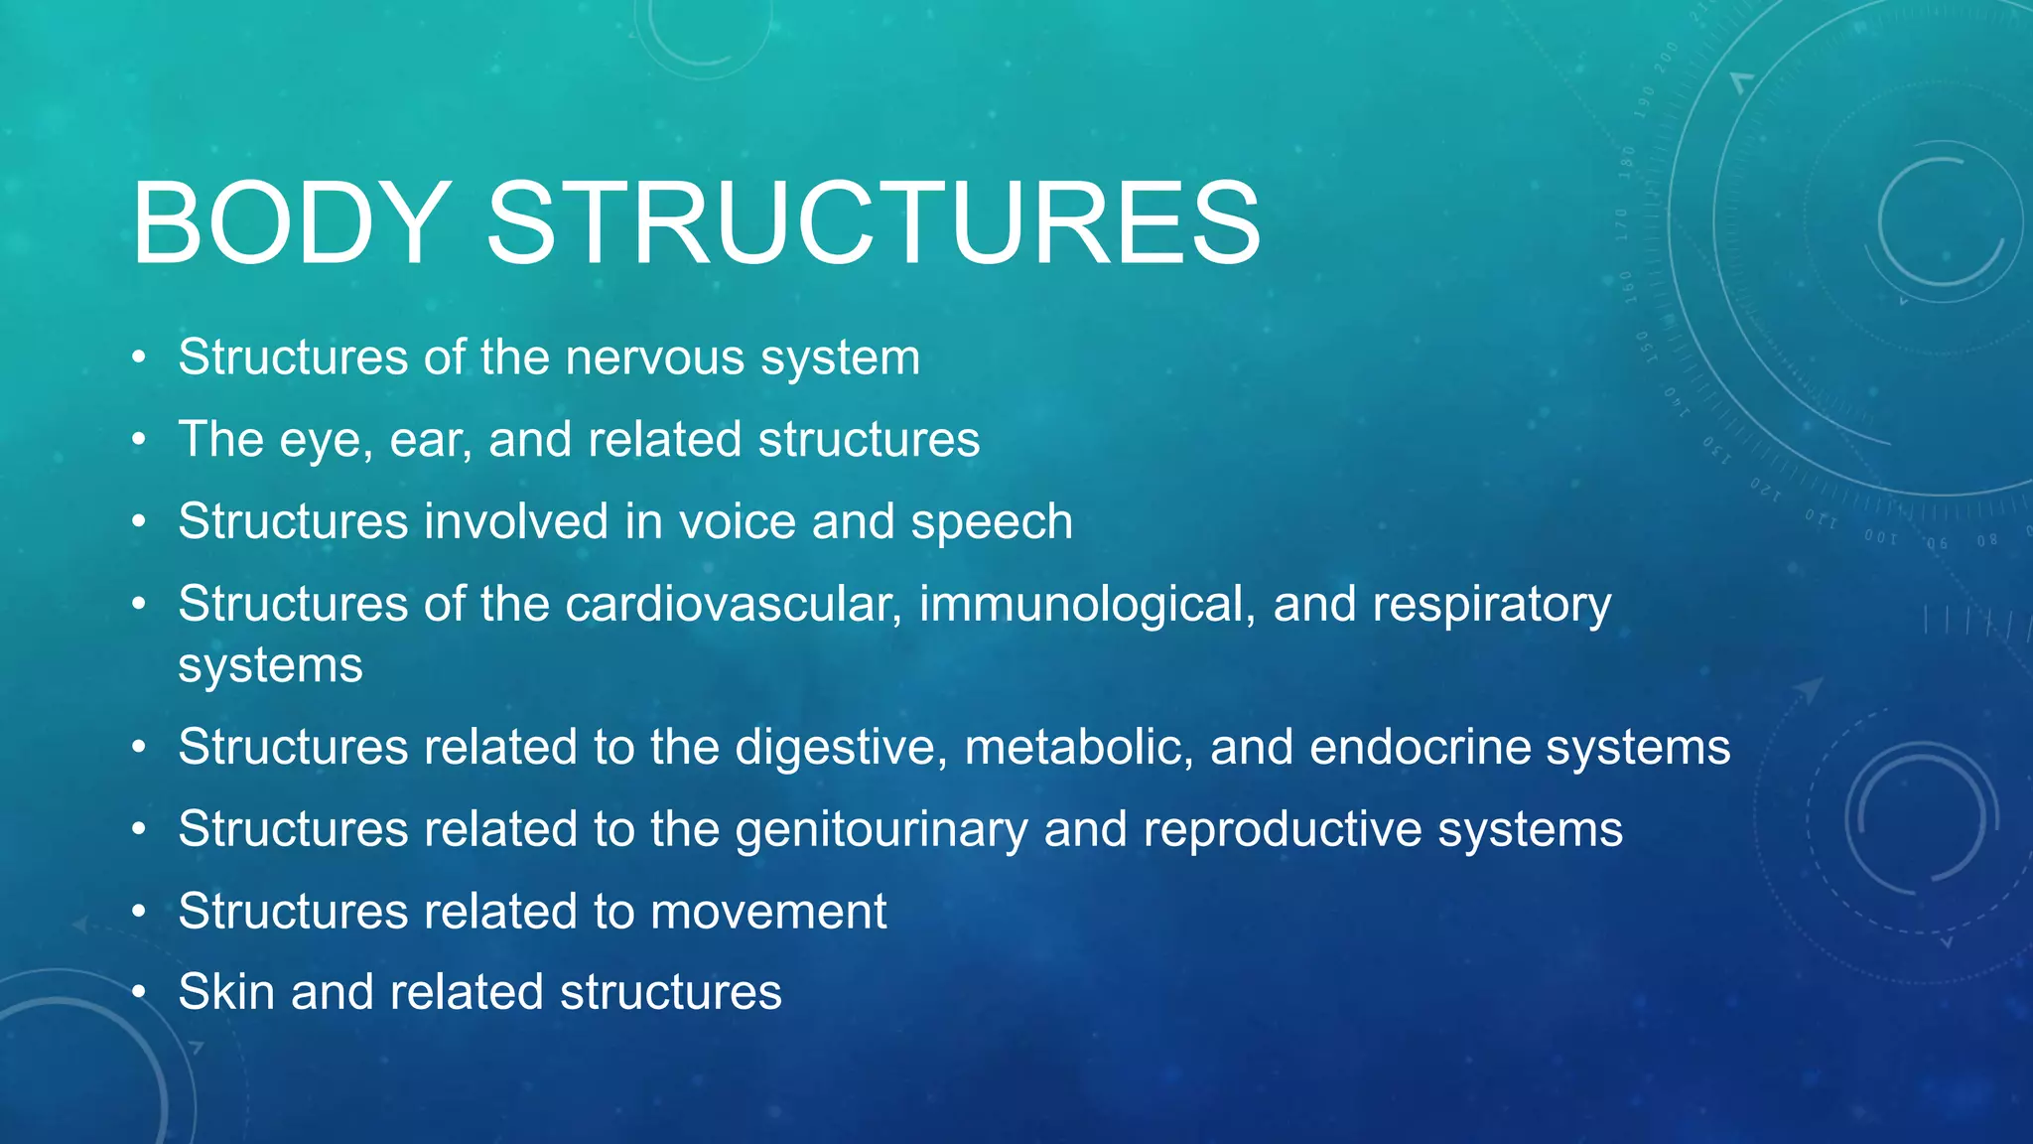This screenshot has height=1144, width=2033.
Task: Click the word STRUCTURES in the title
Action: (874, 223)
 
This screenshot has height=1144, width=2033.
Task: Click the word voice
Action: (735, 522)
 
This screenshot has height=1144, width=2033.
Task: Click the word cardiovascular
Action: (733, 604)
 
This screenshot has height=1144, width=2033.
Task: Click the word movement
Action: (768, 912)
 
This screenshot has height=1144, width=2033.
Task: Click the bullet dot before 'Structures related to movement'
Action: (140, 912)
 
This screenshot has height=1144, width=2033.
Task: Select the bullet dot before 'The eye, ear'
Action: (140, 440)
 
